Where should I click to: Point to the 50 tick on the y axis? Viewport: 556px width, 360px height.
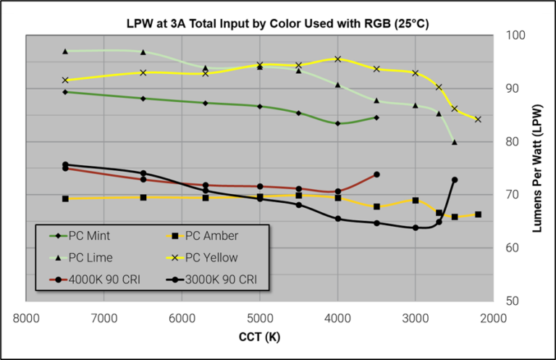coord(511,301)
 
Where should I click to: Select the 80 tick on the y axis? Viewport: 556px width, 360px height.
coord(511,142)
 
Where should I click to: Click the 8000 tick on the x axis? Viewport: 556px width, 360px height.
coord(26,318)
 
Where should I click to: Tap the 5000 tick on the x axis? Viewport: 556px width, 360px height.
coord(260,318)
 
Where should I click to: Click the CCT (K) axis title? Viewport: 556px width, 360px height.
coord(259,338)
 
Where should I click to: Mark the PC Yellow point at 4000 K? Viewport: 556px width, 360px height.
coord(337,59)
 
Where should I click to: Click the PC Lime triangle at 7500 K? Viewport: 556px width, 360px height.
coord(65,51)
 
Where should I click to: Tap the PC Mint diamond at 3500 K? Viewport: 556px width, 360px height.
coord(376,117)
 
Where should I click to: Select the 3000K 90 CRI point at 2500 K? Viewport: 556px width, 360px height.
coord(455,180)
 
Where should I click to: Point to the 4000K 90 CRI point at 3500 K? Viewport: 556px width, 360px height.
coord(376,175)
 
